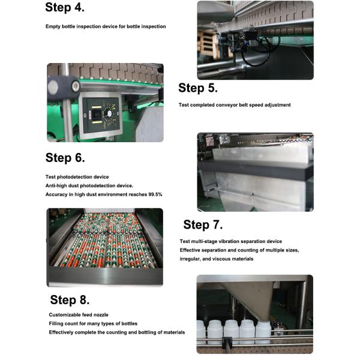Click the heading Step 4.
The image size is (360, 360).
65,7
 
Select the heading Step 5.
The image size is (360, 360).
198,88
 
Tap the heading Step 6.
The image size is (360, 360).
65,158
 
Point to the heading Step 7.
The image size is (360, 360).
203,224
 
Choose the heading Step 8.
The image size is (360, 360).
70,300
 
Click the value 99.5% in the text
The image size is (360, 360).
155,194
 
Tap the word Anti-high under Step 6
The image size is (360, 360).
55,185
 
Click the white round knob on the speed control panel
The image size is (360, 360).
110,113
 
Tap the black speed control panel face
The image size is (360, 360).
101,115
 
